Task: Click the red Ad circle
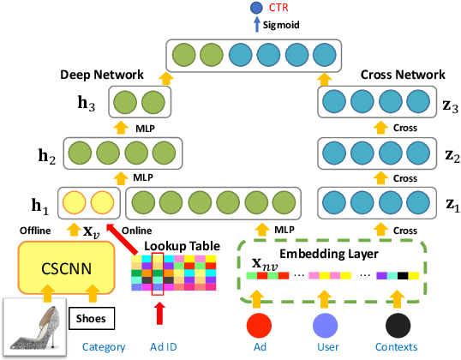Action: coord(260,326)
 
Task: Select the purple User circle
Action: coord(325,326)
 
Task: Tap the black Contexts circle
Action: coord(396,326)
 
